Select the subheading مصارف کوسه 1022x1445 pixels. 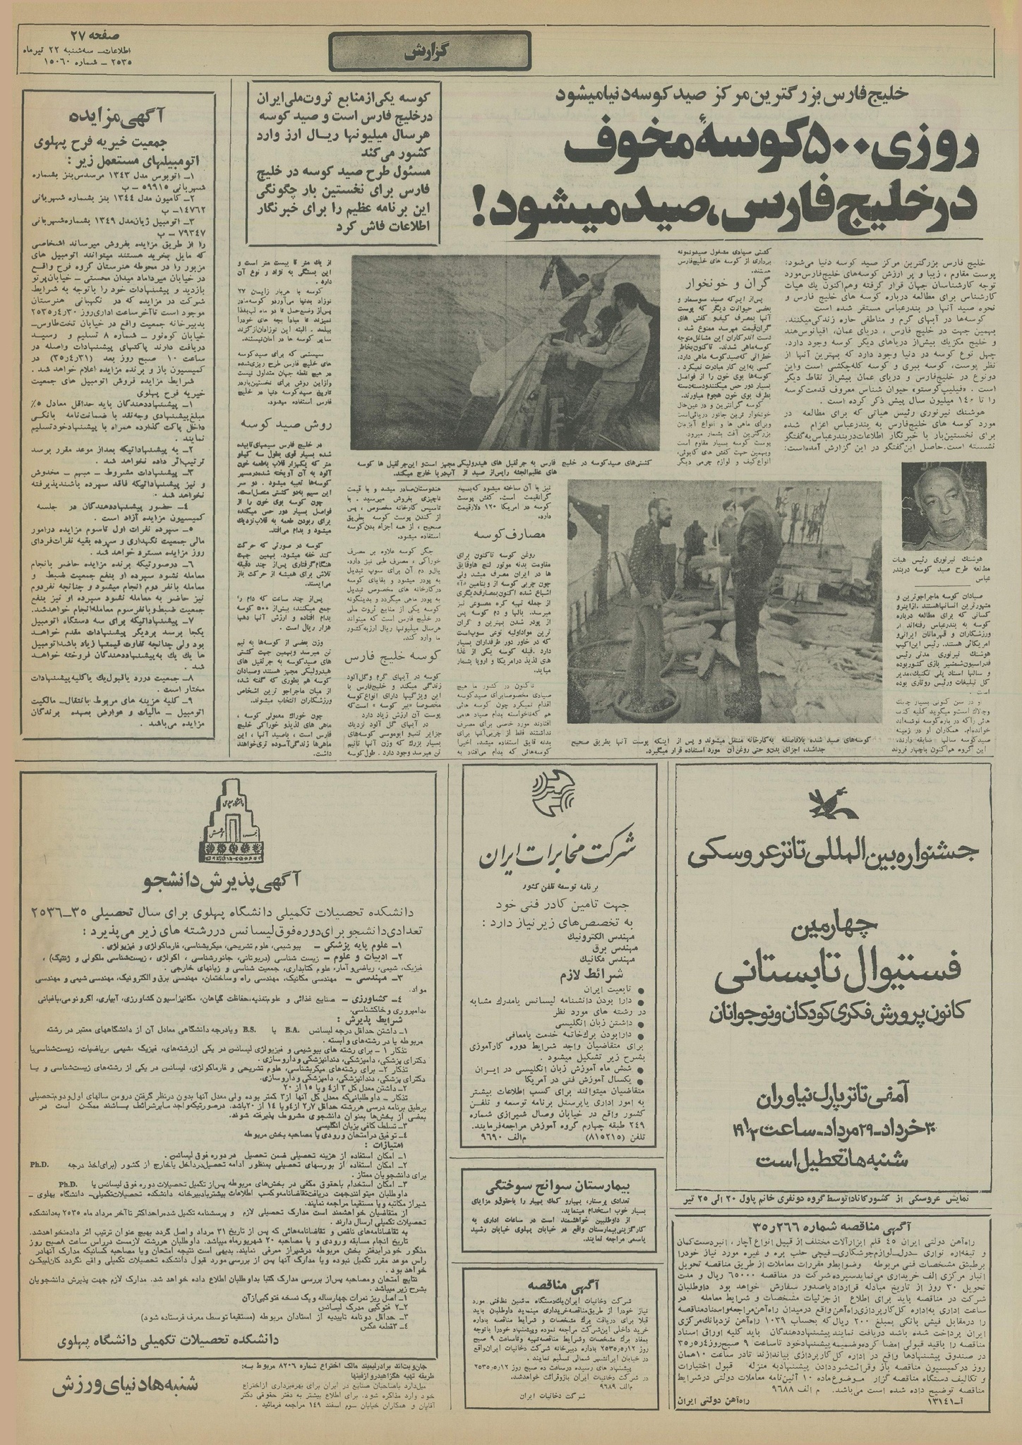tap(462, 535)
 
